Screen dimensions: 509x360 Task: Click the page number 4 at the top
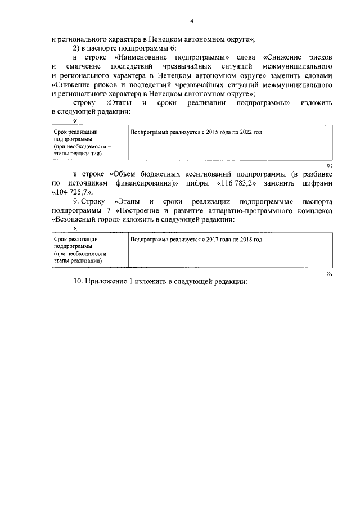[x=191, y=21]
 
